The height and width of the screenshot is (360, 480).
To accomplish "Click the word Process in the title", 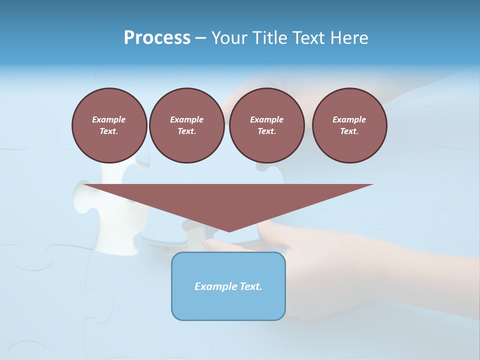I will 157,38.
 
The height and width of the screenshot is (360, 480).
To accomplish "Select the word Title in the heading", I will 269,38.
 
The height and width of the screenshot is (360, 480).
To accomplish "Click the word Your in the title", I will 230,38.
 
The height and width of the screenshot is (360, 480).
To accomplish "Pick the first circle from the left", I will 109,125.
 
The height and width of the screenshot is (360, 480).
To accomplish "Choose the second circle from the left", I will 186,125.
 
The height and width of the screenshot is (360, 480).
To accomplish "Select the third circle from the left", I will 266,125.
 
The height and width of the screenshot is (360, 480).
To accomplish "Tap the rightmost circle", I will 349,125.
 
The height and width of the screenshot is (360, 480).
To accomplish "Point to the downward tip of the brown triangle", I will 229,230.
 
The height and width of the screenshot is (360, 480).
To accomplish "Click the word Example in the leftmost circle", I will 109,119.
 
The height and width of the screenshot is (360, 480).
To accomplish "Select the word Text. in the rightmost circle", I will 349,131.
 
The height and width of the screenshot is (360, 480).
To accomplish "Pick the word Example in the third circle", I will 266,119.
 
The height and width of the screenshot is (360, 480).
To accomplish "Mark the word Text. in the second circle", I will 186,131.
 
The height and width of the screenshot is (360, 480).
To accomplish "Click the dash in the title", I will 200,38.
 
